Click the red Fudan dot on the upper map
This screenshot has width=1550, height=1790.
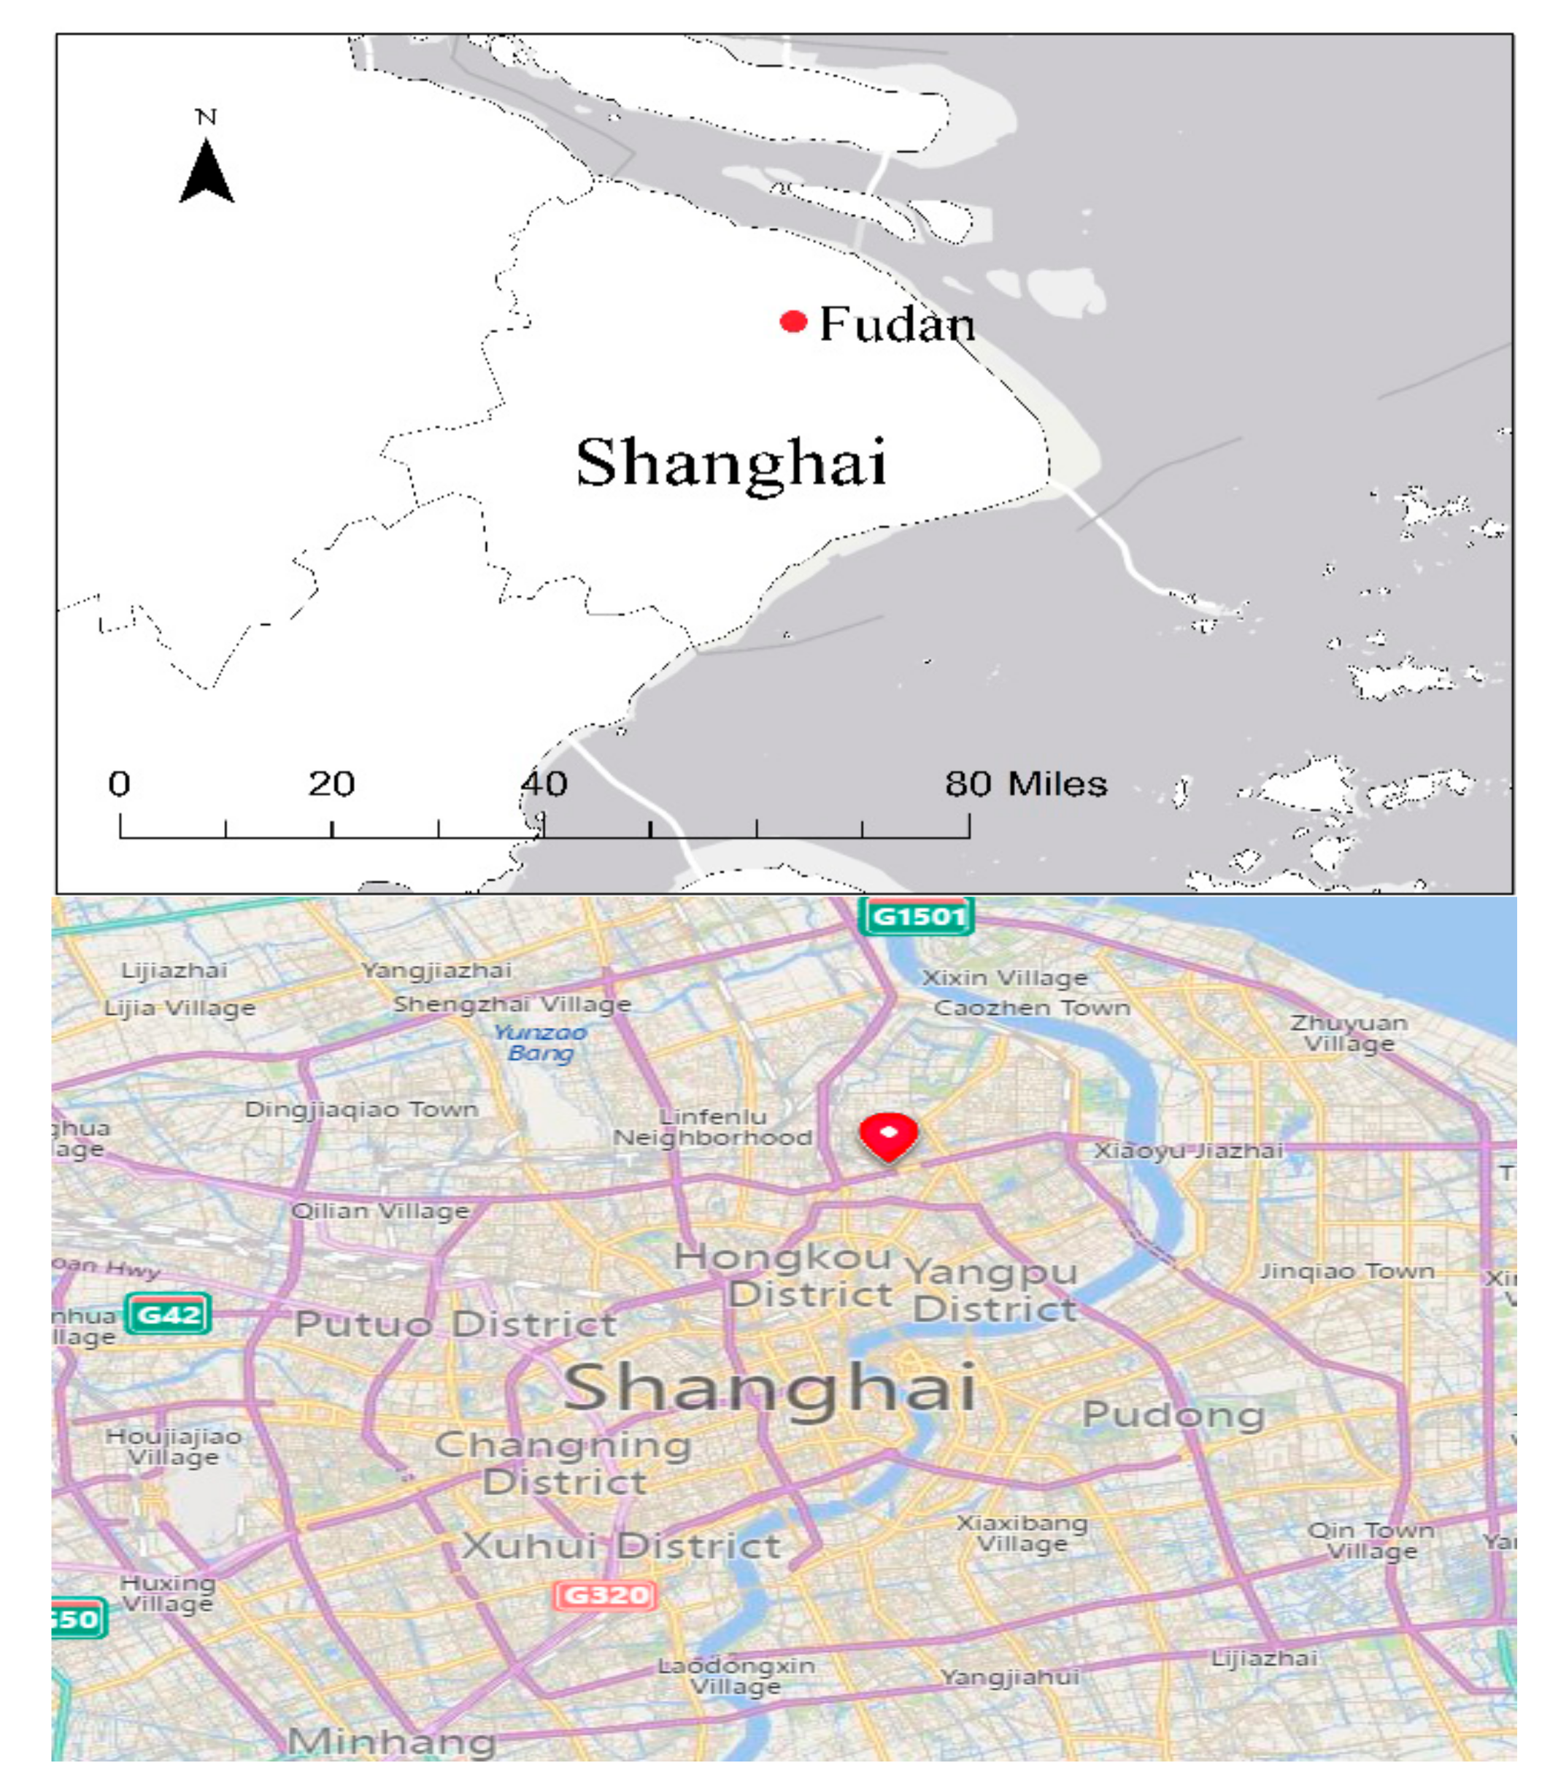point(793,322)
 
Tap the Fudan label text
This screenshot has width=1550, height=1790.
point(896,324)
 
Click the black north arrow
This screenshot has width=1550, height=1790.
point(207,172)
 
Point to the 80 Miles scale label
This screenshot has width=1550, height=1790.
point(1025,784)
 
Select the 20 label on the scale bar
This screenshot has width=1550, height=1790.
point(331,784)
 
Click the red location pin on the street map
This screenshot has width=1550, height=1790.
point(888,1136)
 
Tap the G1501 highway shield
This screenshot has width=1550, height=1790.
point(917,916)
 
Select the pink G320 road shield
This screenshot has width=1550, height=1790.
point(605,1594)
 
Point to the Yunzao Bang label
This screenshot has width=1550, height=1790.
point(541,1042)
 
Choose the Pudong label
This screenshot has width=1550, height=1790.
point(1173,1416)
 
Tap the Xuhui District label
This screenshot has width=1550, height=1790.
point(620,1546)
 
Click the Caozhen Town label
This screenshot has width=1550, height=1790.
point(1032,1008)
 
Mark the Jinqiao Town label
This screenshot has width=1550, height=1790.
point(1346,1272)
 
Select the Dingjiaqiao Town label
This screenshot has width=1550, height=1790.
point(361,1109)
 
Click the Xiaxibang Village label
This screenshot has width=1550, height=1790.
point(1022,1533)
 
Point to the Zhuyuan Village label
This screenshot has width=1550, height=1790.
point(1349,1033)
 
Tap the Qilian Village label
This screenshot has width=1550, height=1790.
point(381,1210)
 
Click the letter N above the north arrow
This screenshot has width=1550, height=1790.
point(206,117)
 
